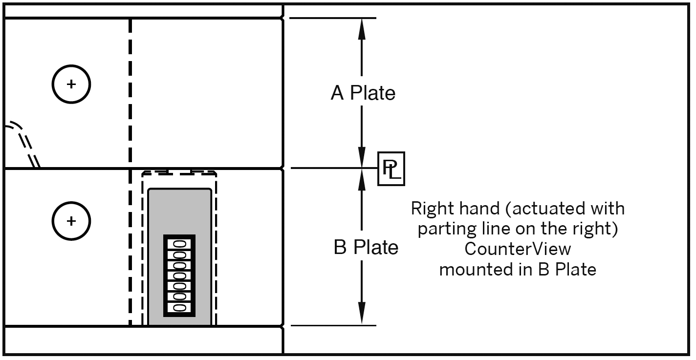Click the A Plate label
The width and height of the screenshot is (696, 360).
pos(363,93)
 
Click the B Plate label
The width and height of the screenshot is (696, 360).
pos(366,248)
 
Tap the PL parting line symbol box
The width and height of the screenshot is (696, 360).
pos(391,169)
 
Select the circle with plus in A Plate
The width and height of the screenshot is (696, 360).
pos(71,84)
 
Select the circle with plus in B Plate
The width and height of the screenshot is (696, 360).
pos(71,221)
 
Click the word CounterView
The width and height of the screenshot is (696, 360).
pos(518,249)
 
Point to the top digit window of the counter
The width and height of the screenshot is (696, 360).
pos(179,244)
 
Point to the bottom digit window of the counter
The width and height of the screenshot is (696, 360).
pos(179,307)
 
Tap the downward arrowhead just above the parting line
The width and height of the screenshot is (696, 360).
pos(362,158)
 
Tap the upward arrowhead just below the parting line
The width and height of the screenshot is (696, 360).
pos(362,179)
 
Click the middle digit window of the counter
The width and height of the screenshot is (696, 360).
pos(179,275)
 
